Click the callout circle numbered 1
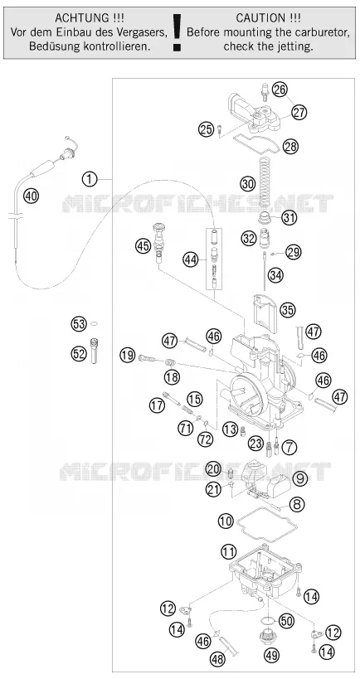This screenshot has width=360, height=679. point(90,178)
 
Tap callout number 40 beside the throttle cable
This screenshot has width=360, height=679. point(31,196)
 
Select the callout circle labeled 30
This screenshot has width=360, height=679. point(248,184)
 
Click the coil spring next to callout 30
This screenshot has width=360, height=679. point(265,182)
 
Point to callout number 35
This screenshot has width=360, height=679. point(287,309)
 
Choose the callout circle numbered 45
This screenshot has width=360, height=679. point(142,246)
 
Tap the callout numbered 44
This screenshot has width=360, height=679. point(189,259)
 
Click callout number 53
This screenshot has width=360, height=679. point(79,324)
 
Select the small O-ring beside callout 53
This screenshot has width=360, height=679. point(95,323)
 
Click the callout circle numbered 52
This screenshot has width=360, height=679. point(79,354)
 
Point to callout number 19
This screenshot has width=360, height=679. point(128,356)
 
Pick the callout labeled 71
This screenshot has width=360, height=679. point(185,429)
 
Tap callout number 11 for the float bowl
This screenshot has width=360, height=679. point(228,551)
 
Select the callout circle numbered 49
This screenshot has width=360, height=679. point(271,654)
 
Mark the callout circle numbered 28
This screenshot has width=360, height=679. point(290,147)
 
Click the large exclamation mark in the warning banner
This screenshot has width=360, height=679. point(177,33)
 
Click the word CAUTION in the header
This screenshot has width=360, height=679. point(255,18)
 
